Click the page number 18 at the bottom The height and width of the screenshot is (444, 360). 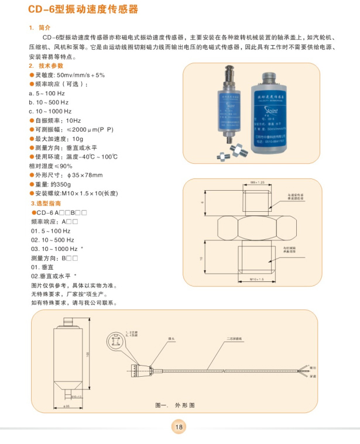click(179, 427)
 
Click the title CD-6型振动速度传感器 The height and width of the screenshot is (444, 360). click(84, 10)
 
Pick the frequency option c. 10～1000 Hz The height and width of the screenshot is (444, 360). click(50, 111)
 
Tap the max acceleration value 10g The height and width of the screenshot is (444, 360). click(77, 139)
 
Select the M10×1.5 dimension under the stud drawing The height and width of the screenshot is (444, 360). click(258, 280)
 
